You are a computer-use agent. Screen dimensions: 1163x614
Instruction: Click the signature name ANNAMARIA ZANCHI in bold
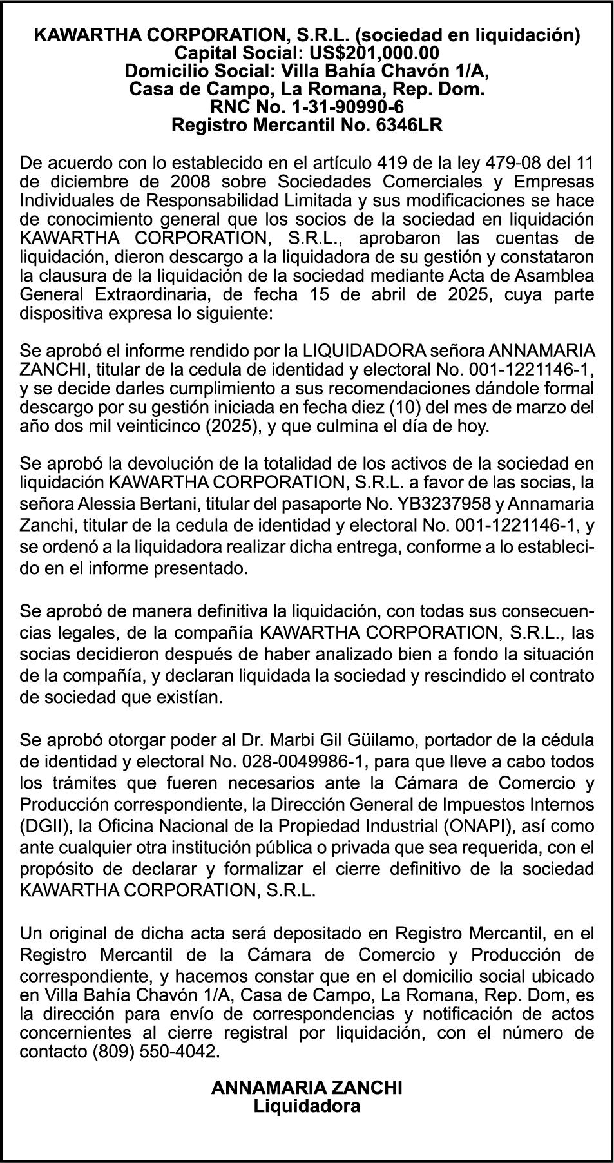pos(307,1088)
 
